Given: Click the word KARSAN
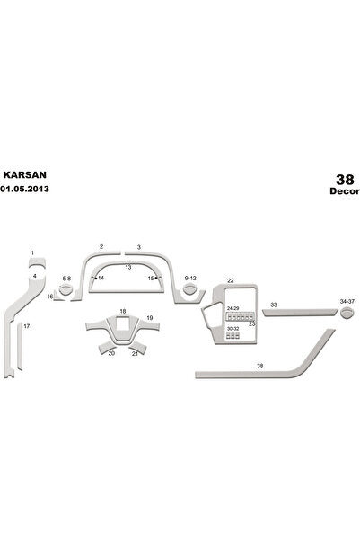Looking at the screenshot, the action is (25, 174).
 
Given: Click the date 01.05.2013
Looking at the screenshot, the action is (24, 189).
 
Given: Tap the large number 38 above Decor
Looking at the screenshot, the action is (345, 180).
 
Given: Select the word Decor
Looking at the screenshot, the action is (345, 191).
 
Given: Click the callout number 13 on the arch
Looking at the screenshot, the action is (128, 267).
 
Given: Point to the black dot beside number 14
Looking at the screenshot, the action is (96, 278).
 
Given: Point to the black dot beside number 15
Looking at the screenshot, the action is (156, 278).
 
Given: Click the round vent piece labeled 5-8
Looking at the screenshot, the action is (66, 290).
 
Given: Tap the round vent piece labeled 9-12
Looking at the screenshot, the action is (189, 289).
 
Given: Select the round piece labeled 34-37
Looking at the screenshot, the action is (347, 313).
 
